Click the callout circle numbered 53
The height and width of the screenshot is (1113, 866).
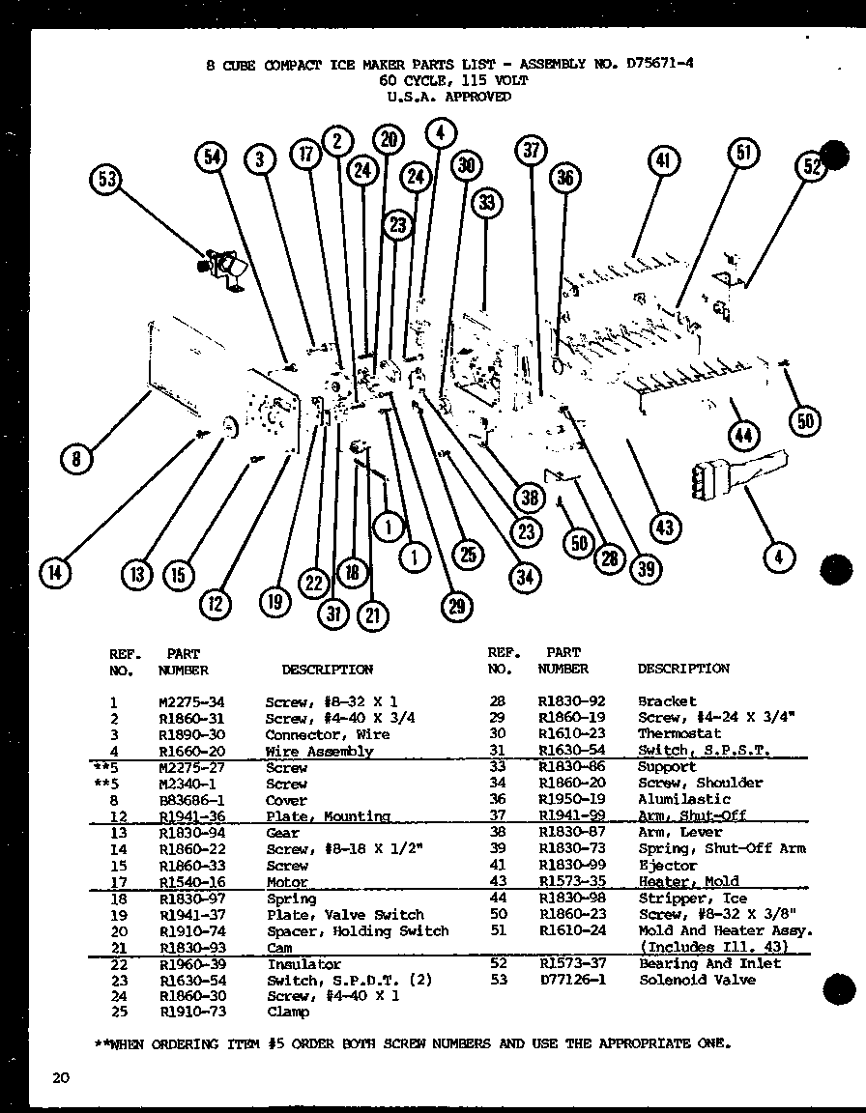109,182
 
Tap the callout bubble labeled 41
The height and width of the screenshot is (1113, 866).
663,161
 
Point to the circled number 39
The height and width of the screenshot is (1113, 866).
645,568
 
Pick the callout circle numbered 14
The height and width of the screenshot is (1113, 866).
56,574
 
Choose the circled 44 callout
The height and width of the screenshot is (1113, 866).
743,436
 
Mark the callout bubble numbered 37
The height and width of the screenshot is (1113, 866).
531,150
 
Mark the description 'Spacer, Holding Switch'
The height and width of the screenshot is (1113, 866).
357,931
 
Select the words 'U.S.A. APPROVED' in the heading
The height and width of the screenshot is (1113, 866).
448,97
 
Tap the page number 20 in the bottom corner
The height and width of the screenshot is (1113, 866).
61,1078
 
